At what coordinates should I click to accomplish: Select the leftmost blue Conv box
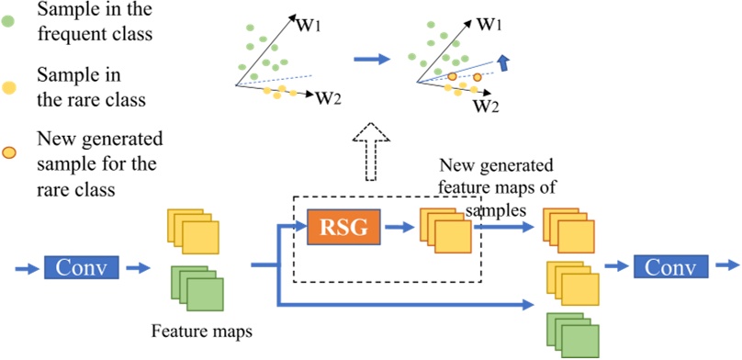coord(82,268)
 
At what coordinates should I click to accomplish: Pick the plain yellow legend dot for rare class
coord(9,89)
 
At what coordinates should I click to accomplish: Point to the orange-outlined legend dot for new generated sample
coord(9,152)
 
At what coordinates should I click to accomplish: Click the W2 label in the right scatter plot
coord(486,106)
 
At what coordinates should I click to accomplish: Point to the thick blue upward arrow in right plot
coord(503,62)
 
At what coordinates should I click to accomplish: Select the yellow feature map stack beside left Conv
coord(194,231)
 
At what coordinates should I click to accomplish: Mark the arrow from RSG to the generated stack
coord(397,227)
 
